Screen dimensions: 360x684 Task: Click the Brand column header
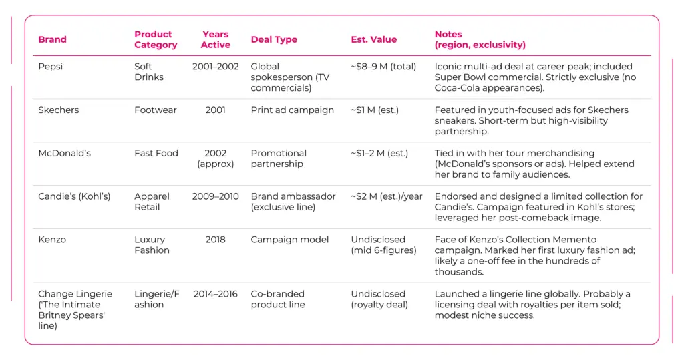coord(52,39)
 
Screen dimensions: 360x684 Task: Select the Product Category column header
coord(156,39)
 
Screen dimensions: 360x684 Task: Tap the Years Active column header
coord(215,39)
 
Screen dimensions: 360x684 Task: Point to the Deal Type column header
coord(274,39)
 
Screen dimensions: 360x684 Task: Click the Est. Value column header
coord(373,39)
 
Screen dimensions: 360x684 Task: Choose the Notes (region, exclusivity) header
coord(480,39)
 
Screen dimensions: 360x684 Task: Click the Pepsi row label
coord(51,67)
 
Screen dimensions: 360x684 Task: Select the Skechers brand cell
coord(58,110)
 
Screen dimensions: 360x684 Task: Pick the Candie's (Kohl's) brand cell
coord(74,196)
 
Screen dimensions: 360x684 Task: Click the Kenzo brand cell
coord(52,240)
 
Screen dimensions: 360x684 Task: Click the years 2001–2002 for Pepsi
coord(215,67)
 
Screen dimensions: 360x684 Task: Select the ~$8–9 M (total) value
coord(383,67)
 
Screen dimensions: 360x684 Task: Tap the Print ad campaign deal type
coord(292,110)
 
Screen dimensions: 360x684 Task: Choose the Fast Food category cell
coord(156,153)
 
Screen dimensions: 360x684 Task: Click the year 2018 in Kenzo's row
coord(215,240)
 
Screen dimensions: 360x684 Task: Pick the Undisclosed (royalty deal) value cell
coord(378,299)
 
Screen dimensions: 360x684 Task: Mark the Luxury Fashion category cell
coord(152,245)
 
